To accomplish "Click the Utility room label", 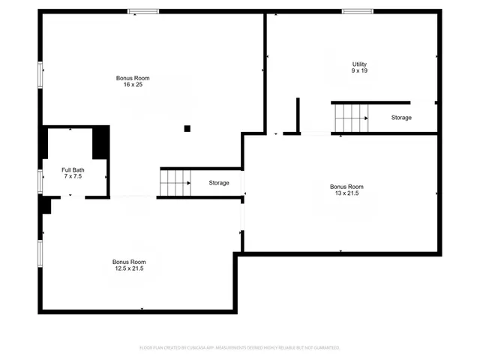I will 360,64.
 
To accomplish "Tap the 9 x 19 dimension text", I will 360,70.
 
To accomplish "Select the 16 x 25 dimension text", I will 128,85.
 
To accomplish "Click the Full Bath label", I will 73,170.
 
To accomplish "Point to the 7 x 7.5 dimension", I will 73,177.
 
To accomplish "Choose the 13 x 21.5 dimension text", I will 346,193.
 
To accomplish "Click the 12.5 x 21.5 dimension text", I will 128,268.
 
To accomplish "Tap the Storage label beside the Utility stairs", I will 401,118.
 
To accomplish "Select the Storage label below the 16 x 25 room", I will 219,183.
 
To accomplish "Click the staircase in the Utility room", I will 351,118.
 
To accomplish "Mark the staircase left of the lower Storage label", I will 175,183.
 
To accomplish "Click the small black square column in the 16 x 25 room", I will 187,128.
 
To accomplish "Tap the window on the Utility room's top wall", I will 358,11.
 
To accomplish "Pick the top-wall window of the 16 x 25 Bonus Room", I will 142,11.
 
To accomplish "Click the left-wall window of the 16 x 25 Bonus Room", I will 40,75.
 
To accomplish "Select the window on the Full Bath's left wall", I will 40,181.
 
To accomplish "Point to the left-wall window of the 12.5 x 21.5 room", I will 40,253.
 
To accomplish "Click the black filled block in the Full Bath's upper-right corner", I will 100,142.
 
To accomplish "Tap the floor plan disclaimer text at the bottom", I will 240,348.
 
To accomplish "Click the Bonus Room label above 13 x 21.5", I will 346,186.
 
